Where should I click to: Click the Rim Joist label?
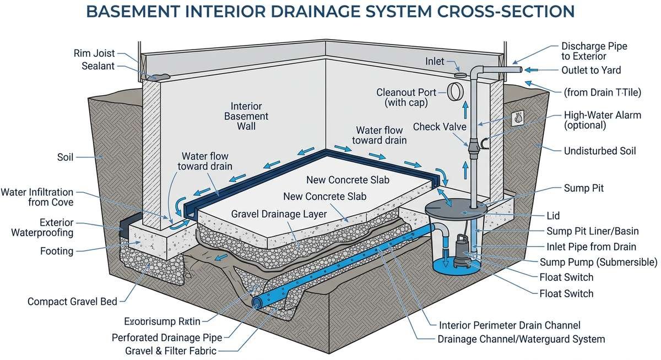[94, 53]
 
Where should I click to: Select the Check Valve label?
[439, 127]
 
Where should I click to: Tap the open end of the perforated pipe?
[256, 302]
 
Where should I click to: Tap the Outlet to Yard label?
[590, 70]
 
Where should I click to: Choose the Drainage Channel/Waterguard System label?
[521, 339]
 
